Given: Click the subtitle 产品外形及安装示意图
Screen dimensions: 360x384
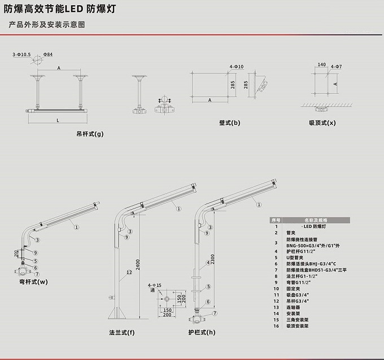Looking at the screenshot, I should pos(47,25).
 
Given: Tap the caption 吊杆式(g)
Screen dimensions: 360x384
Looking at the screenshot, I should pos(90,134).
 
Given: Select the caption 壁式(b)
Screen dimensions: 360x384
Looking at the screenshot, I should pos(229,122).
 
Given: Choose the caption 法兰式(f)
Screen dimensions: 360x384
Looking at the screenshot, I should pos(123,332).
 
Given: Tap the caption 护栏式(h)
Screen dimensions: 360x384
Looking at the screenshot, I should pos(202,332).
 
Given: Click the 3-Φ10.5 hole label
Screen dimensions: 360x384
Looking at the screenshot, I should pos(21,54).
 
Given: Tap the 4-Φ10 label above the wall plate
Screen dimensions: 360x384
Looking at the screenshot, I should pos(236,67).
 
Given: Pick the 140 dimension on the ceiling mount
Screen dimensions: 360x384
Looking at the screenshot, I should pos(322,65).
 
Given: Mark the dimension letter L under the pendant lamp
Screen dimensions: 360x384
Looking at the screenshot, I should pos(58,120).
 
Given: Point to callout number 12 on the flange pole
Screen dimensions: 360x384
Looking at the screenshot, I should pos(129,273).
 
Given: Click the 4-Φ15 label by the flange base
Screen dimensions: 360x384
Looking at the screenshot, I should pos(153,285).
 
